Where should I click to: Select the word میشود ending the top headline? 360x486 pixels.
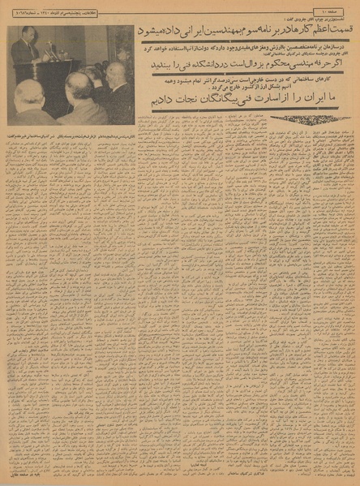tap(151, 30)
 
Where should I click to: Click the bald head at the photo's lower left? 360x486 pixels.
tap(31, 96)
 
